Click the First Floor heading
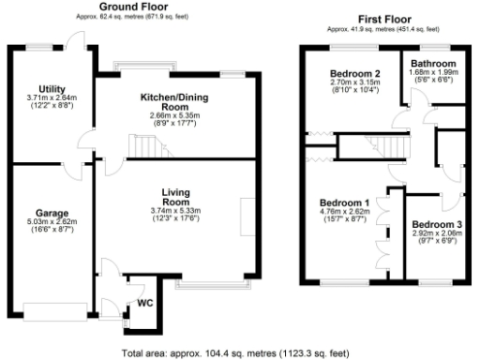click(x=386, y=19)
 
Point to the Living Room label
click(x=176, y=197)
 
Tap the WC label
click(x=144, y=304)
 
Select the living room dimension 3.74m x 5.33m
click(x=176, y=212)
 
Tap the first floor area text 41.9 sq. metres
click(x=386, y=29)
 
